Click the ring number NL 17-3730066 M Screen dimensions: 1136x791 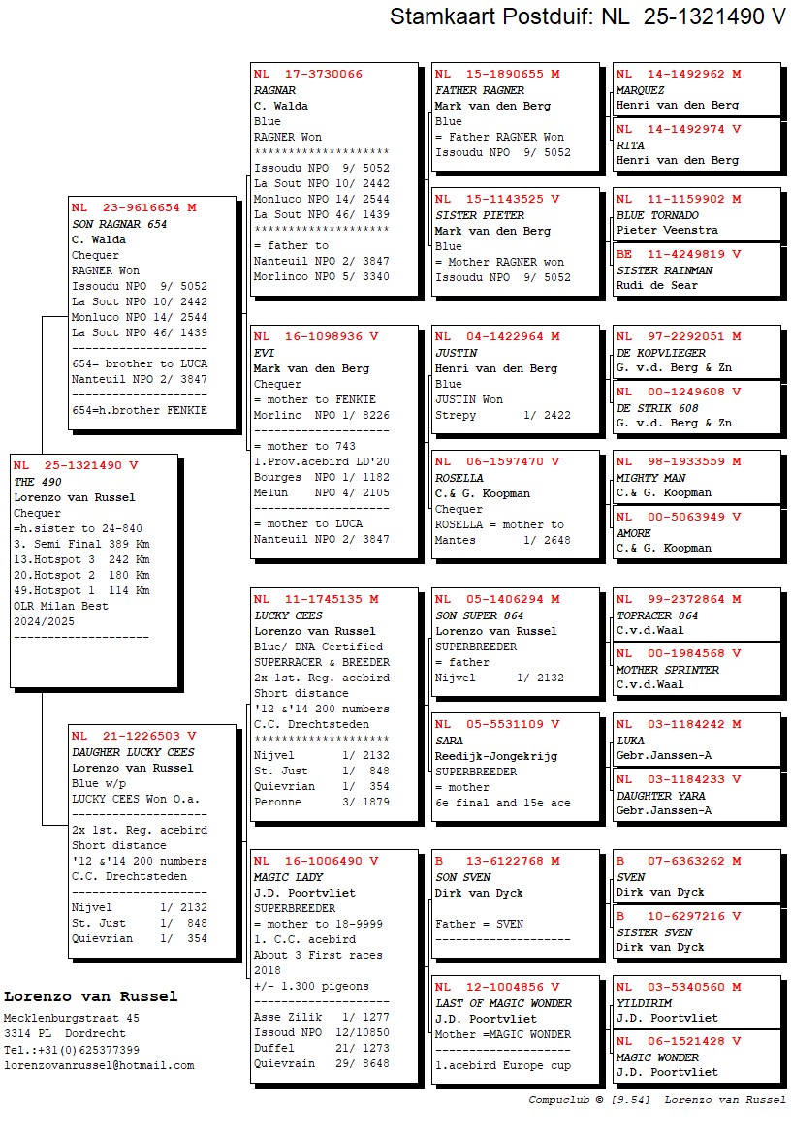coord(308,75)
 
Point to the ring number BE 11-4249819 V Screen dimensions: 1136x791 coord(679,254)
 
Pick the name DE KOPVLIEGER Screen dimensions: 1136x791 coord(661,353)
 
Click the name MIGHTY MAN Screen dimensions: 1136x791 coord(650,478)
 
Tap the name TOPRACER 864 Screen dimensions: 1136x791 coord(657,615)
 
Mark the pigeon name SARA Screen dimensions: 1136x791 coord(449,741)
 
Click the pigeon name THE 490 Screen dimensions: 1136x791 coord(37,482)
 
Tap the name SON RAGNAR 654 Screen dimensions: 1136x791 coord(119,224)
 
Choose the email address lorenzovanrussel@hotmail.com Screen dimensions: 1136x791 coord(99,1065)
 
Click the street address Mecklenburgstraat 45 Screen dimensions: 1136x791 coord(72,1019)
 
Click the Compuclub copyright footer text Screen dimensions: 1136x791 coord(657,1100)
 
